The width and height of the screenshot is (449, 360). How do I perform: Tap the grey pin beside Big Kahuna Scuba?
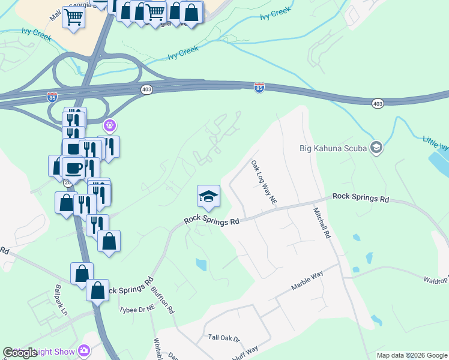pyautogui.click(x=376, y=147)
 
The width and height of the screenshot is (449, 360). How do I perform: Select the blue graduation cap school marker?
pyautogui.click(x=208, y=196)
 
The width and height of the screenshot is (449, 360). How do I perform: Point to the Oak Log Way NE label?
pyautogui.click(x=264, y=181)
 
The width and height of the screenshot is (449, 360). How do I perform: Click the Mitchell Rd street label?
pyautogui.click(x=322, y=223)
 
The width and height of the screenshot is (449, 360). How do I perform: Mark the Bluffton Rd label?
pyautogui.click(x=163, y=300)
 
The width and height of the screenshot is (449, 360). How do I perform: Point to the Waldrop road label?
pyautogui.click(x=435, y=280)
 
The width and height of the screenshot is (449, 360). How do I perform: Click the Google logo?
pyautogui.click(x=20, y=353)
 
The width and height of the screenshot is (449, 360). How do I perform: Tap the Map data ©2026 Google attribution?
pyautogui.click(x=412, y=355)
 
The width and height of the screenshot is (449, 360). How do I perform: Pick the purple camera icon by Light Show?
pyautogui.click(x=84, y=350)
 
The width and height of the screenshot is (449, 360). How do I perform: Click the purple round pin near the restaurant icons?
pyautogui.click(x=109, y=126)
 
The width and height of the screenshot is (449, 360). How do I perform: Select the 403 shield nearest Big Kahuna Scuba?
pyautogui.click(x=377, y=104)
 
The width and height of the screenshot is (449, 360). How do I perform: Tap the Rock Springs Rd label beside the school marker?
pyautogui.click(x=212, y=220)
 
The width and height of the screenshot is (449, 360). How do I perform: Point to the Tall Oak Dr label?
pyautogui.click(x=223, y=339)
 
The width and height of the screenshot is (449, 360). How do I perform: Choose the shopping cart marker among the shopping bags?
pyautogui.click(x=155, y=11)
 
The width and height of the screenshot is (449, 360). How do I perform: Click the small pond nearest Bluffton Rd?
pyautogui.click(x=200, y=263)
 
